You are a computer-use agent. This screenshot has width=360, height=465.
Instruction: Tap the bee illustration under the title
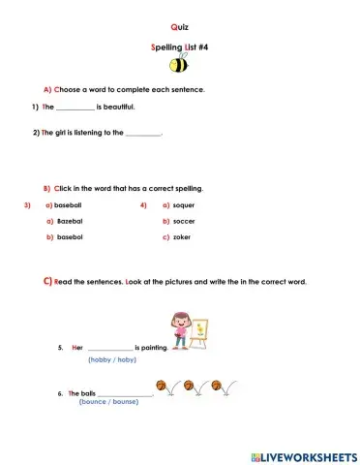(x=179, y=65)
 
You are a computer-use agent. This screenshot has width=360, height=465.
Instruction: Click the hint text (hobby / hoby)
(x=112, y=359)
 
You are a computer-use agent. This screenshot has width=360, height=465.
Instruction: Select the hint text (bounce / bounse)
(x=109, y=401)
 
